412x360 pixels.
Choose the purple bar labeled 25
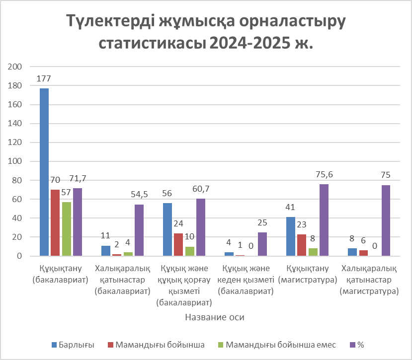pos(262,244)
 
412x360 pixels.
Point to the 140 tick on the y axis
pos(14,124)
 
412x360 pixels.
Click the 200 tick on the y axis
pos(14,67)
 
